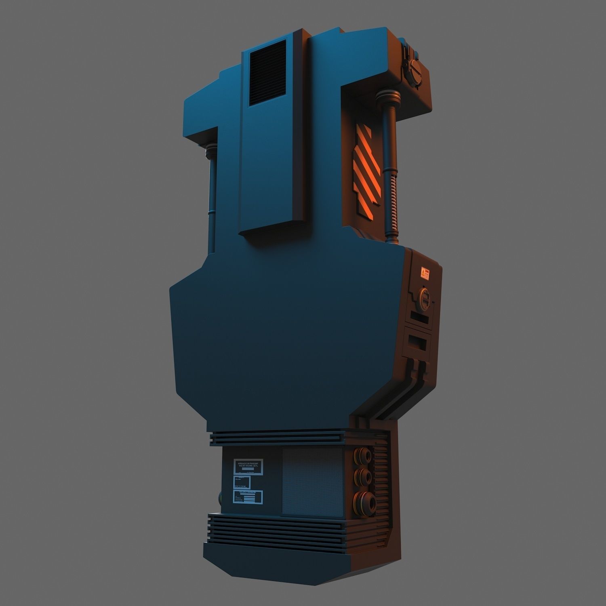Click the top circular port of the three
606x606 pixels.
(x=361, y=457)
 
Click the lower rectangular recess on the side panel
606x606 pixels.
(x=419, y=343)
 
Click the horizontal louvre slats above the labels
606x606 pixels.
(x=279, y=438)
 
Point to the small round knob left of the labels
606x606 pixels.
(x=220, y=497)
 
